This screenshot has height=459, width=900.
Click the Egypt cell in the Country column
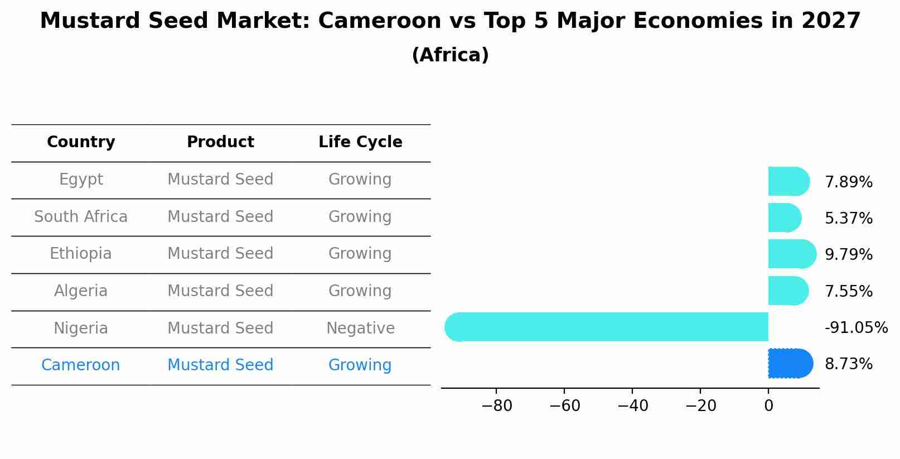coord(81,180)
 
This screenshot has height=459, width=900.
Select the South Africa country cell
coord(81,216)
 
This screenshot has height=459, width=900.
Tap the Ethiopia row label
coord(81,254)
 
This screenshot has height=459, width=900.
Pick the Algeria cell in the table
coord(81,291)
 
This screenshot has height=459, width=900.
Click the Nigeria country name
coord(81,328)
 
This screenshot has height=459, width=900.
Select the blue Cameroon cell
coord(81,365)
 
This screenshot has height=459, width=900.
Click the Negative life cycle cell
coord(360,328)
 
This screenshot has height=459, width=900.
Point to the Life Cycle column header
coord(360,142)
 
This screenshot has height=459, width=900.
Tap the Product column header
coord(220,142)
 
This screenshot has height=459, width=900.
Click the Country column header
coord(81,142)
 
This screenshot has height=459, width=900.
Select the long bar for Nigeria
coord(608,327)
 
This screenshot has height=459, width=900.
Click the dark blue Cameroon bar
coord(790,364)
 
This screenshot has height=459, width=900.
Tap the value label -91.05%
coord(856,328)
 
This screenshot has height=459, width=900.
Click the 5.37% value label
coord(848,219)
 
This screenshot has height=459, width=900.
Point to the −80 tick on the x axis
coord(496,406)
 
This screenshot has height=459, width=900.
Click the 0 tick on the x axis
coord(768,406)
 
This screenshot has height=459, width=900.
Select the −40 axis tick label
coord(632,406)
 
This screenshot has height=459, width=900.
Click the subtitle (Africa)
coord(450,55)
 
